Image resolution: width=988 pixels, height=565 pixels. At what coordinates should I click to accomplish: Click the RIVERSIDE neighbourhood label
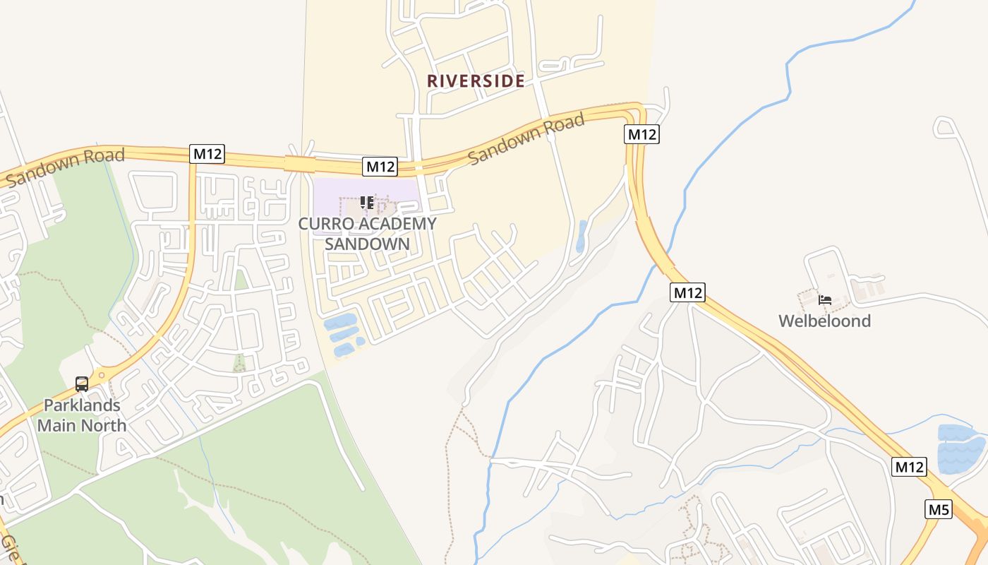click(x=476, y=81)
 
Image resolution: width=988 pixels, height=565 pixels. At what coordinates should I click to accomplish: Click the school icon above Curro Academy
click(x=367, y=203)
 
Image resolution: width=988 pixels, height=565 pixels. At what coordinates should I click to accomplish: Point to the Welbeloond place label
click(x=824, y=321)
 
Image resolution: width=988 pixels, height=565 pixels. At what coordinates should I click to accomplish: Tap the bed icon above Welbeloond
click(x=824, y=300)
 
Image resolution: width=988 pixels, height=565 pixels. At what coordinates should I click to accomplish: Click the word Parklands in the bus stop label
click(x=82, y=406)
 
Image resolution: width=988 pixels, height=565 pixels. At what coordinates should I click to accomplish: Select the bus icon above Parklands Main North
click(x=82, y=384)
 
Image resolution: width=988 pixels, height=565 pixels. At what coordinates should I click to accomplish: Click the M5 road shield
click(x=939, y=509)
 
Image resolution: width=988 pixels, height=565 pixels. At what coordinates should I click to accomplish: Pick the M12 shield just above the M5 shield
click(x=909, y=467)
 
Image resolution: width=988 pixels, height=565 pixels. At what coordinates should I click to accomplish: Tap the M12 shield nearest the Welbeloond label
click(x=687, y=292)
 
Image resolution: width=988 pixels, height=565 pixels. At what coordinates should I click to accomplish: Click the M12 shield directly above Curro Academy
click(x=380, y=167)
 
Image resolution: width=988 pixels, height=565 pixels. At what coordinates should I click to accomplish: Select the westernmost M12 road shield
click(x=207, y=153)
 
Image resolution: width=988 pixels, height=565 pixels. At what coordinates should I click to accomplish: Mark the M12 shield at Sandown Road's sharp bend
click(x=641, y=134)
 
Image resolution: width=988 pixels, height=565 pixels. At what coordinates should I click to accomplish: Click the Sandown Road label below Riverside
click(x=526, y=138)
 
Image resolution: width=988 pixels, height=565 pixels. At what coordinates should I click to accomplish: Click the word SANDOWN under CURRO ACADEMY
click(x=367, y=244)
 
